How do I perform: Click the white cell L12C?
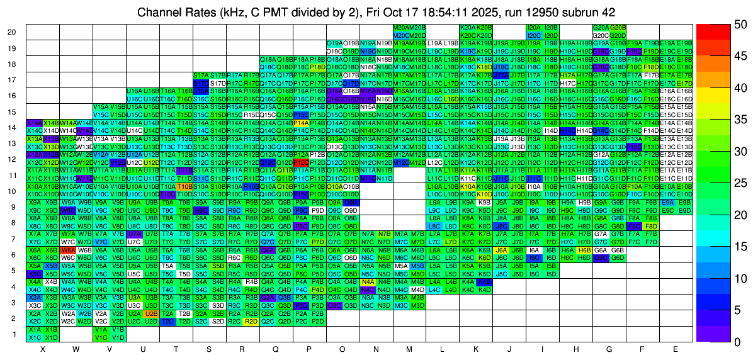click(x=434, y=162)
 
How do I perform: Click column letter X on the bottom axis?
click(x=43, y=349)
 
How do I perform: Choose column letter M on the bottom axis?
click(x=409, y=349)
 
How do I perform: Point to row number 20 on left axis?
click(x=11, y=32)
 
